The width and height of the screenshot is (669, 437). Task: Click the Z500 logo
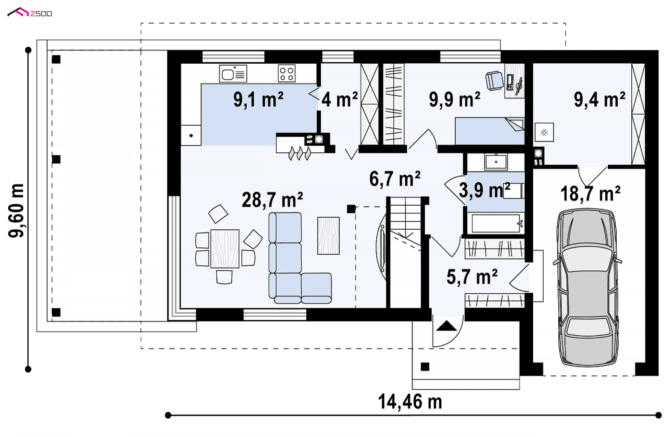(30, 13)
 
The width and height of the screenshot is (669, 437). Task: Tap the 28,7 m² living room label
(272, 200)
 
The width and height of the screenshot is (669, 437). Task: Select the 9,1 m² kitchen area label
(258, 100)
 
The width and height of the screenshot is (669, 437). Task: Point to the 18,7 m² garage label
(590, 193)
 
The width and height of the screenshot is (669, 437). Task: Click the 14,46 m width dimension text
(410, 402)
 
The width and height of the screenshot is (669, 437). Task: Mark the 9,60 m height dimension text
(16, 210)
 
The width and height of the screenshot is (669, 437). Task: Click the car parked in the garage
(587, 287)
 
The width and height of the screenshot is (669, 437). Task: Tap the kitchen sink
(233, 73)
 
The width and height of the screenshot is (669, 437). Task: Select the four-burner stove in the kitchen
(287, 73)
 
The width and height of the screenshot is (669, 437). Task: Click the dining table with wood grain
(225, 248)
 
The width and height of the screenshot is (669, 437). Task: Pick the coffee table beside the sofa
(328, 236)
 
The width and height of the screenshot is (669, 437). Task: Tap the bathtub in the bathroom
(495, 223)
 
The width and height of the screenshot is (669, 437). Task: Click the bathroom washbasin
(496, 162)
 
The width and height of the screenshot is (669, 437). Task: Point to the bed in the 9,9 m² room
(490, 131)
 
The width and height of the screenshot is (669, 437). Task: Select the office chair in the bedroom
(495, 81)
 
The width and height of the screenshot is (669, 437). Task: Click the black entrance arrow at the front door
(446, 326)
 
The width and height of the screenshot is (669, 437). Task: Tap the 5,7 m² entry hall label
(472, 277)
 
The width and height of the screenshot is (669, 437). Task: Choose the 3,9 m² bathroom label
(485, 190)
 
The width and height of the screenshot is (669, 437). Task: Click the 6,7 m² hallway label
(395, 179)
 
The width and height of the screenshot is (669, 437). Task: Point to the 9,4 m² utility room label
(599, 100)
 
